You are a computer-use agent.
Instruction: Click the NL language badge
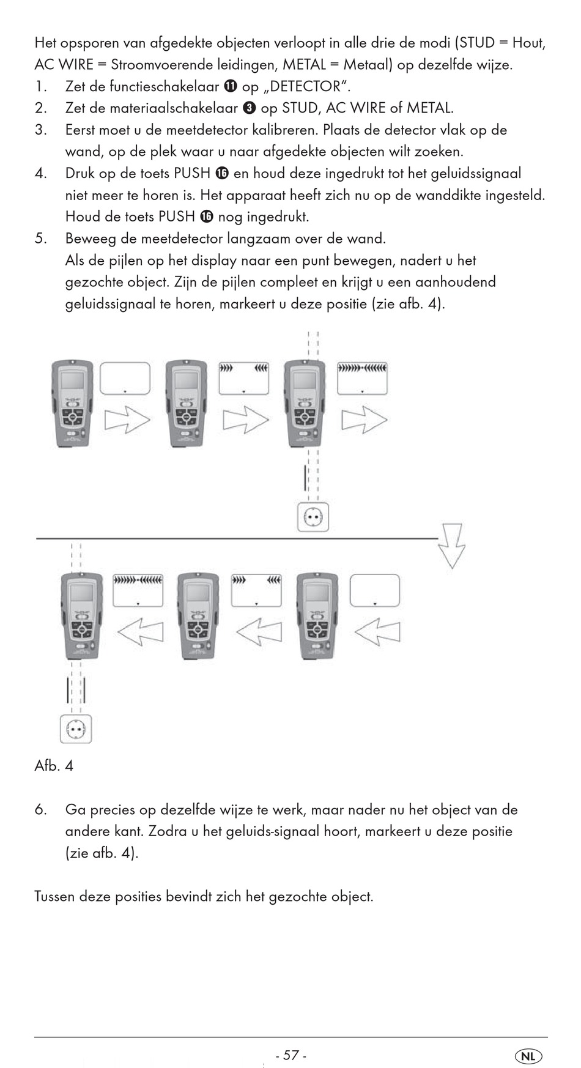pyautogui.click(x=528, y=1056)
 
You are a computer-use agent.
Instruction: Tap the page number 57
pyautogui.click(x=291, y=1055)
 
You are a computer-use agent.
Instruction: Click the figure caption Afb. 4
pyautogui.click(x=54, y=765)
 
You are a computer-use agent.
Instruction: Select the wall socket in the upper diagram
pyautogui.click(x=313, y=517)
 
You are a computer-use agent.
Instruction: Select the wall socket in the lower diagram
pyautogui.click(x=76, y=729)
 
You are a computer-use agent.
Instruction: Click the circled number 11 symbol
pyautogui.click(x=231, y=86)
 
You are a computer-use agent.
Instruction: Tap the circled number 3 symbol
pyautogui.click(x=249, y=108)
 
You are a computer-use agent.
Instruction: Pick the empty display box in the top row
pyautogui.click(x=125, y=379)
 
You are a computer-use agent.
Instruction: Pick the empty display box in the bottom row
pyautogui.click(x=374, y=590)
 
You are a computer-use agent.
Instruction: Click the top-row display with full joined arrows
pyautogui.click(x=362, y=379)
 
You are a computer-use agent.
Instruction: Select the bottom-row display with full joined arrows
pyautogui.click(x=138, y=590)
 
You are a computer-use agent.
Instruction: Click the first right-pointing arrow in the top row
pyautogui.click(x=127, y=420)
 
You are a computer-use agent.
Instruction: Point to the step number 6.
pyautogui.click(x=40, y=809)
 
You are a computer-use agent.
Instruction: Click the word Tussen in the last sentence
pyautogui.click(x=55, y=897)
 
